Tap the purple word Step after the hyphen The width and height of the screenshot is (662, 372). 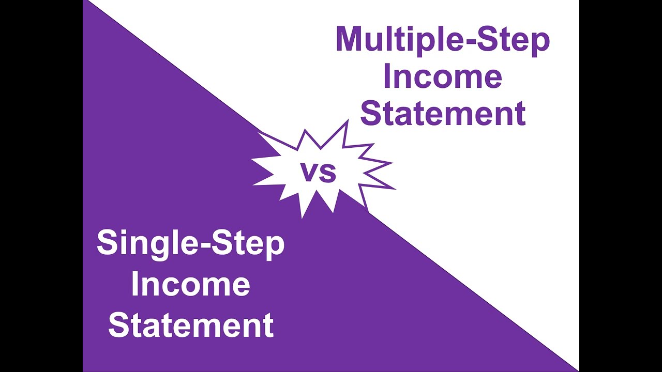[513, 39]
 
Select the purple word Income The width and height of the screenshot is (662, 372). [443, 76]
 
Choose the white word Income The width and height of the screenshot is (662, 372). [190, 284]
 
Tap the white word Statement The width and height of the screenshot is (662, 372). [190, 325]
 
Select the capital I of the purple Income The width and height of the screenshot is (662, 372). [386, 76]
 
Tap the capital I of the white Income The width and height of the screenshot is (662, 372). [134, 284]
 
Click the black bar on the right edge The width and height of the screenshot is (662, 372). [621, 186]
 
